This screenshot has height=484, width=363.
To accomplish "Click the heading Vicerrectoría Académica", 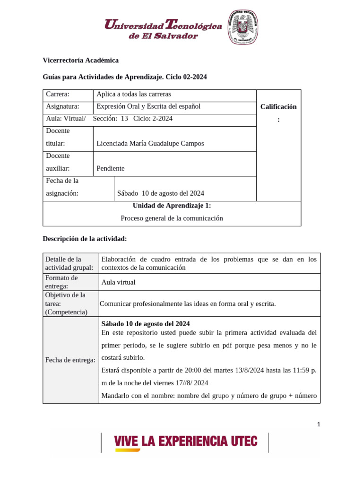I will coord(80,60).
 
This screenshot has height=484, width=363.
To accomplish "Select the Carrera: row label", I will coord(58,94).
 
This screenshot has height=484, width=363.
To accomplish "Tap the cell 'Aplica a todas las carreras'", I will coord(133,94).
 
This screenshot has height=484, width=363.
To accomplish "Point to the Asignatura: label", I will coord(62,106).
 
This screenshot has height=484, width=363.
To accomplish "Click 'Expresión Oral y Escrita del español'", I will coord(148,106).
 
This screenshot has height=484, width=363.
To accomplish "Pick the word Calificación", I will coord(278,107).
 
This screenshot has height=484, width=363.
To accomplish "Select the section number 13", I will coord(124,119).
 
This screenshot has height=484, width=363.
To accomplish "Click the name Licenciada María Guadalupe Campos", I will coord(150,143).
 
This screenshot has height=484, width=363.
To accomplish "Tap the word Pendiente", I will coord(111,168).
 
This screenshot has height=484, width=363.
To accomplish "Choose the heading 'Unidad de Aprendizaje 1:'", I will coord(172,206).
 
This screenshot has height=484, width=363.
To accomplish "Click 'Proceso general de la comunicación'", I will coord(172,218).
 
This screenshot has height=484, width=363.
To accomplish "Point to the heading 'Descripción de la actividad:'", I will coord(85,239).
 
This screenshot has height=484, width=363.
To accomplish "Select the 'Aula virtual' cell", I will coord(118,282).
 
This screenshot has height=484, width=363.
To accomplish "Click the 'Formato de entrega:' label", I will coord(61,282).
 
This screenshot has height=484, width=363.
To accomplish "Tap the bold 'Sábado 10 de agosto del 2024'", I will coord(146,324).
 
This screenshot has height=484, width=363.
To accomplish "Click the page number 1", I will coord(319,424).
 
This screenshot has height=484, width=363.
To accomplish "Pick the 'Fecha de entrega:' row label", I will coord(70,360).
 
